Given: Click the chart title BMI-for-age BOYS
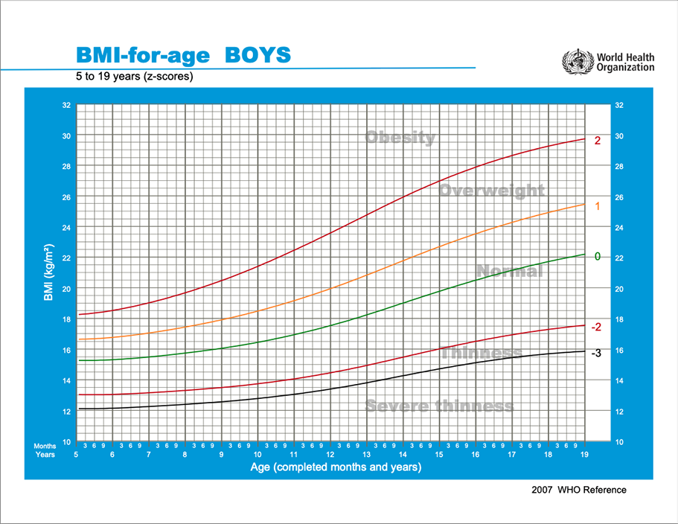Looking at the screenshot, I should pos(183,55).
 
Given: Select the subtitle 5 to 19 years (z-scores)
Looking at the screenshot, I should pos(135,76).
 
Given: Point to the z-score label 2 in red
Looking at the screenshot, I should pos(597,140).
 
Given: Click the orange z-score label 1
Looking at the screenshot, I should pos(597,205).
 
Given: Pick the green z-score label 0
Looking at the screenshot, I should pos(597,256).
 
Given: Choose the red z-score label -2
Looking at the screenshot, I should pos(596,327).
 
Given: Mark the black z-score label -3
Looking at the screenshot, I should pos(596,352).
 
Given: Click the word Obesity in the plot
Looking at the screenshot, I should pos(400,138).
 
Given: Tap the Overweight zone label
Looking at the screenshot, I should pos(491,191).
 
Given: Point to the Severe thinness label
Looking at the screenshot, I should pos(439,406).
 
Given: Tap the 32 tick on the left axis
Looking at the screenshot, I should pos(65,106).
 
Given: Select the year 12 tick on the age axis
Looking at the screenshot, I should pos(330,454).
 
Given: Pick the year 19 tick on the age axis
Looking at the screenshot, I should pos(585,454).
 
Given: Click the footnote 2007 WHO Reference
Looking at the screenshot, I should pos(579,490).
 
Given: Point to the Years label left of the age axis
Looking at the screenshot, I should pos(45,454).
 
